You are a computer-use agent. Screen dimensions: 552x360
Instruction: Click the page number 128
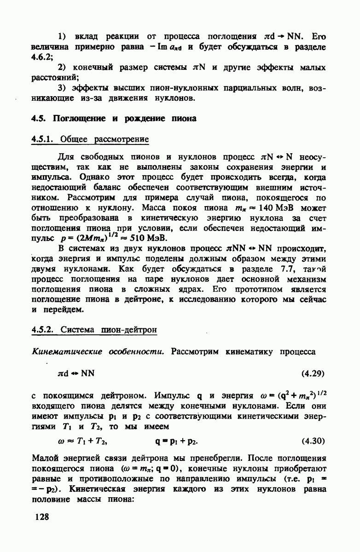[x=41, y=517]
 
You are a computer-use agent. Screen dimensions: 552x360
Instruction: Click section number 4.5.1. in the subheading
[x=45, y=140]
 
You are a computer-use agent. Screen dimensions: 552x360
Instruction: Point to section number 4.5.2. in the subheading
[x=45, y=330]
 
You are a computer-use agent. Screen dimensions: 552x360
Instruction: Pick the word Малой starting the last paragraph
[x=45, y=458]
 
